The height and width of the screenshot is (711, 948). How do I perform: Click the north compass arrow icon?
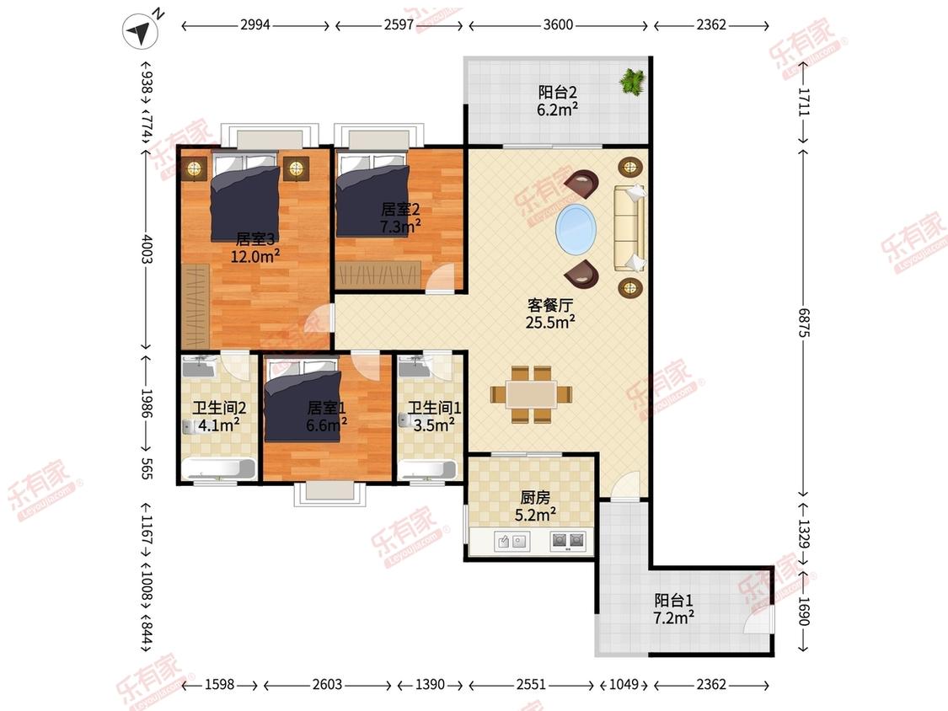(141, 31)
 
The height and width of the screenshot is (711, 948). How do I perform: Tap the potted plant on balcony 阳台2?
(633, 80)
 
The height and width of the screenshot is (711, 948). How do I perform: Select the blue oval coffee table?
(576, 229)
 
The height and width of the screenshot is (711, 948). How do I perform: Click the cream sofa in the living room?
(629, 228)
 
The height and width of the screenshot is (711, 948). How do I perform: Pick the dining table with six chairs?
(532, 394)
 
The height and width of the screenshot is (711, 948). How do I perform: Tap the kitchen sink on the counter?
(511, 541)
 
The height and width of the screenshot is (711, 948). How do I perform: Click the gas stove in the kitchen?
(568, 541)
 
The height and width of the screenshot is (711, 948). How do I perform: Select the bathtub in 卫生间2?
(219, 468)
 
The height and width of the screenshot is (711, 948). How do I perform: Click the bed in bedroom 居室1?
(303, 400)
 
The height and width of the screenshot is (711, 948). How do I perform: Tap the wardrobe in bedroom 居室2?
(378, 275)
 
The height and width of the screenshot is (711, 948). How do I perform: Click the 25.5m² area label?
(549, 323)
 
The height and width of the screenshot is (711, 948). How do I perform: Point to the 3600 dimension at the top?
(558, 24)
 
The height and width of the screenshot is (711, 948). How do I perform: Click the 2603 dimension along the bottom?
(327, 684)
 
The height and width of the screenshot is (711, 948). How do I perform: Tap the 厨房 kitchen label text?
(535, 498)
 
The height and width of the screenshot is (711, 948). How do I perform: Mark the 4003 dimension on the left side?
(147, 249)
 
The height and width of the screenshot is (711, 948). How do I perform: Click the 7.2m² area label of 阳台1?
(673, 617)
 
